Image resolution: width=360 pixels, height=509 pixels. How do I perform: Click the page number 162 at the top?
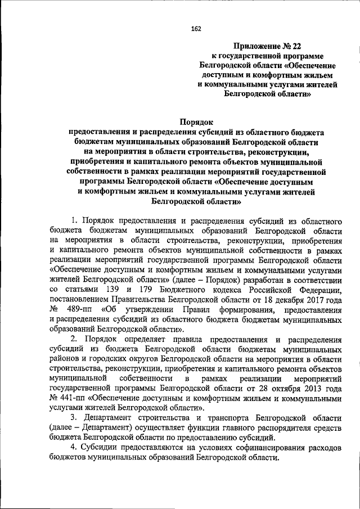pos(196,29)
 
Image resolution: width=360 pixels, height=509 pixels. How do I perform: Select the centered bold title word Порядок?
pos(196,120)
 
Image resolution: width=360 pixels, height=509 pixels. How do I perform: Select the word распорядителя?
pos(267,427)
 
